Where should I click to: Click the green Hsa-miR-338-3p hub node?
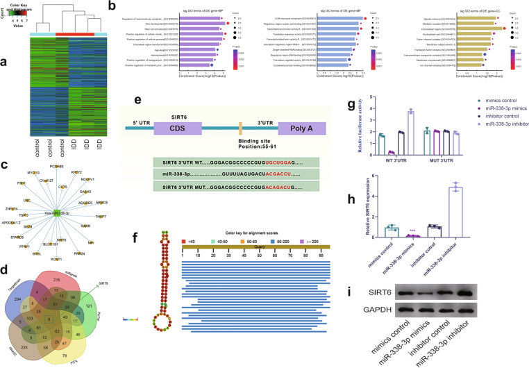tap(57, 213)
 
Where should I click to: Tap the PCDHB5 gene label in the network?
tap(58, 167)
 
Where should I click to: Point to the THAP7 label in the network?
tap(100, 216)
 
